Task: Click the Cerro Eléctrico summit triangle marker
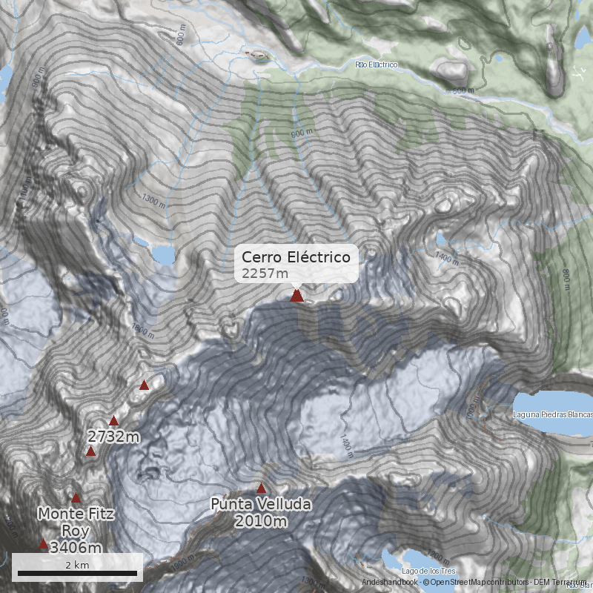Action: (296, 296)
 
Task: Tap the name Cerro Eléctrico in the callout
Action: (296, 257)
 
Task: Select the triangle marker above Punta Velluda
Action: (261, 488)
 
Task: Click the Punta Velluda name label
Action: (260, 505)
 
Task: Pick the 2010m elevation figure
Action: (260, 521)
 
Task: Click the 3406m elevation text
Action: (76, 548)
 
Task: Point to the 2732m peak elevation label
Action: (113, 436)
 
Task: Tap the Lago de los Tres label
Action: (428, 570)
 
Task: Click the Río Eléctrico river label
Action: (377, 65)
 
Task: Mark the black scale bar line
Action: (77, 573)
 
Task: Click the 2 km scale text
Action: (77, 564)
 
